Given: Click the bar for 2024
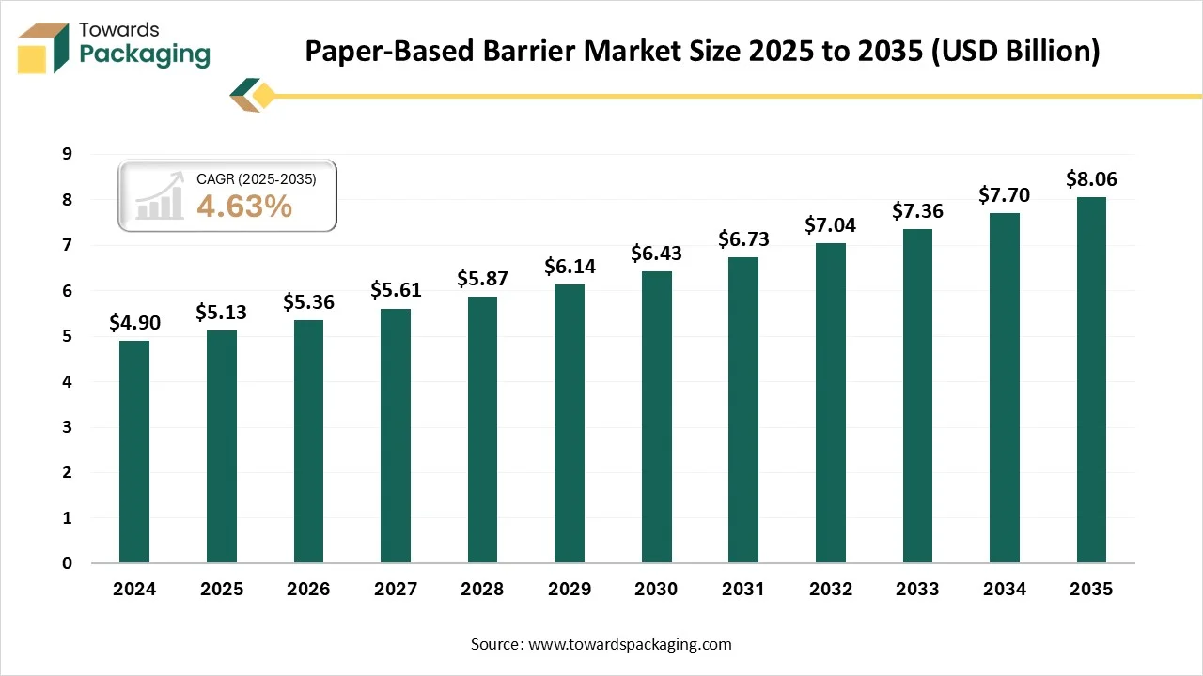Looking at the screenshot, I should [134, 452].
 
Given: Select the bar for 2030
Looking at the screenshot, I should [656, 417].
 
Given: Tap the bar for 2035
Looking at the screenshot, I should [1091, 380].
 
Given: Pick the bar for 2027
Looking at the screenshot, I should [396, 436].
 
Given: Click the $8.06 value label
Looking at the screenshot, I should [1091, 178].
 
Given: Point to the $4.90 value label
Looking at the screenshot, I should [134, 322].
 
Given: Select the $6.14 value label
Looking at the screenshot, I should [570, 266].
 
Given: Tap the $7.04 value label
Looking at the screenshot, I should [831, 224].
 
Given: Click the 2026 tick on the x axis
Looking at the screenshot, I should [308, 589].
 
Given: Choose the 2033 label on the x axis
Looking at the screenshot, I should [917, 589].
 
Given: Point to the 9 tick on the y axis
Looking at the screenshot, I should [67, 155].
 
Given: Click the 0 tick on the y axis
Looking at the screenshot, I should [67, 563].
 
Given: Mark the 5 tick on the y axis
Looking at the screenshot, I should [67, 336].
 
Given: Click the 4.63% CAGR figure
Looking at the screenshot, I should [244, 207].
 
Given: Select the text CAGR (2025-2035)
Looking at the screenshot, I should [256, 178].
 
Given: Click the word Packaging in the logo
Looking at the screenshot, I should [145, 54].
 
